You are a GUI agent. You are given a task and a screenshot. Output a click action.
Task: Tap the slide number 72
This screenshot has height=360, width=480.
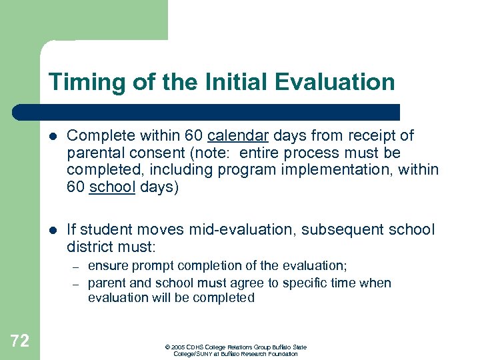(20, 341)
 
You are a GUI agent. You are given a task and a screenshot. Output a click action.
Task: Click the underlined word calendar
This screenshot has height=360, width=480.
(238, 136)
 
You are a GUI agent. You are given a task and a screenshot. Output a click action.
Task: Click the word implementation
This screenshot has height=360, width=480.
(347, 171)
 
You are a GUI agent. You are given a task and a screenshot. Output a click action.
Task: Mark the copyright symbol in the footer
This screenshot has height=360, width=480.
(166, 347)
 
